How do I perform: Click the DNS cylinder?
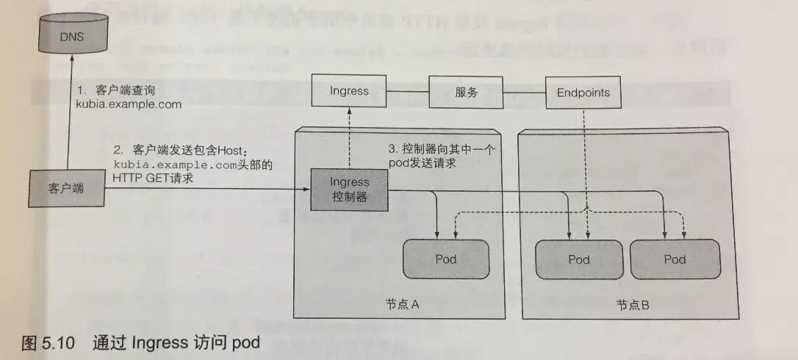tap(68, 35)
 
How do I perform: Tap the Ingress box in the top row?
tap(349, 92)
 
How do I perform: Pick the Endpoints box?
tap(583, 93)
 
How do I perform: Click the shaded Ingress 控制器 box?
tap(348, 189)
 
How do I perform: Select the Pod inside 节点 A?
tap(446, 259)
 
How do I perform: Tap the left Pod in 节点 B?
tap(579, 259)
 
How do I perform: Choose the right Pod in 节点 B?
tap(675, 259)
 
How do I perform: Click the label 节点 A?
tap(402, 305)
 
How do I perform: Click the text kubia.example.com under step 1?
tap(129, 104)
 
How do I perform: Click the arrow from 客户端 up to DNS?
tap(68, 118)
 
